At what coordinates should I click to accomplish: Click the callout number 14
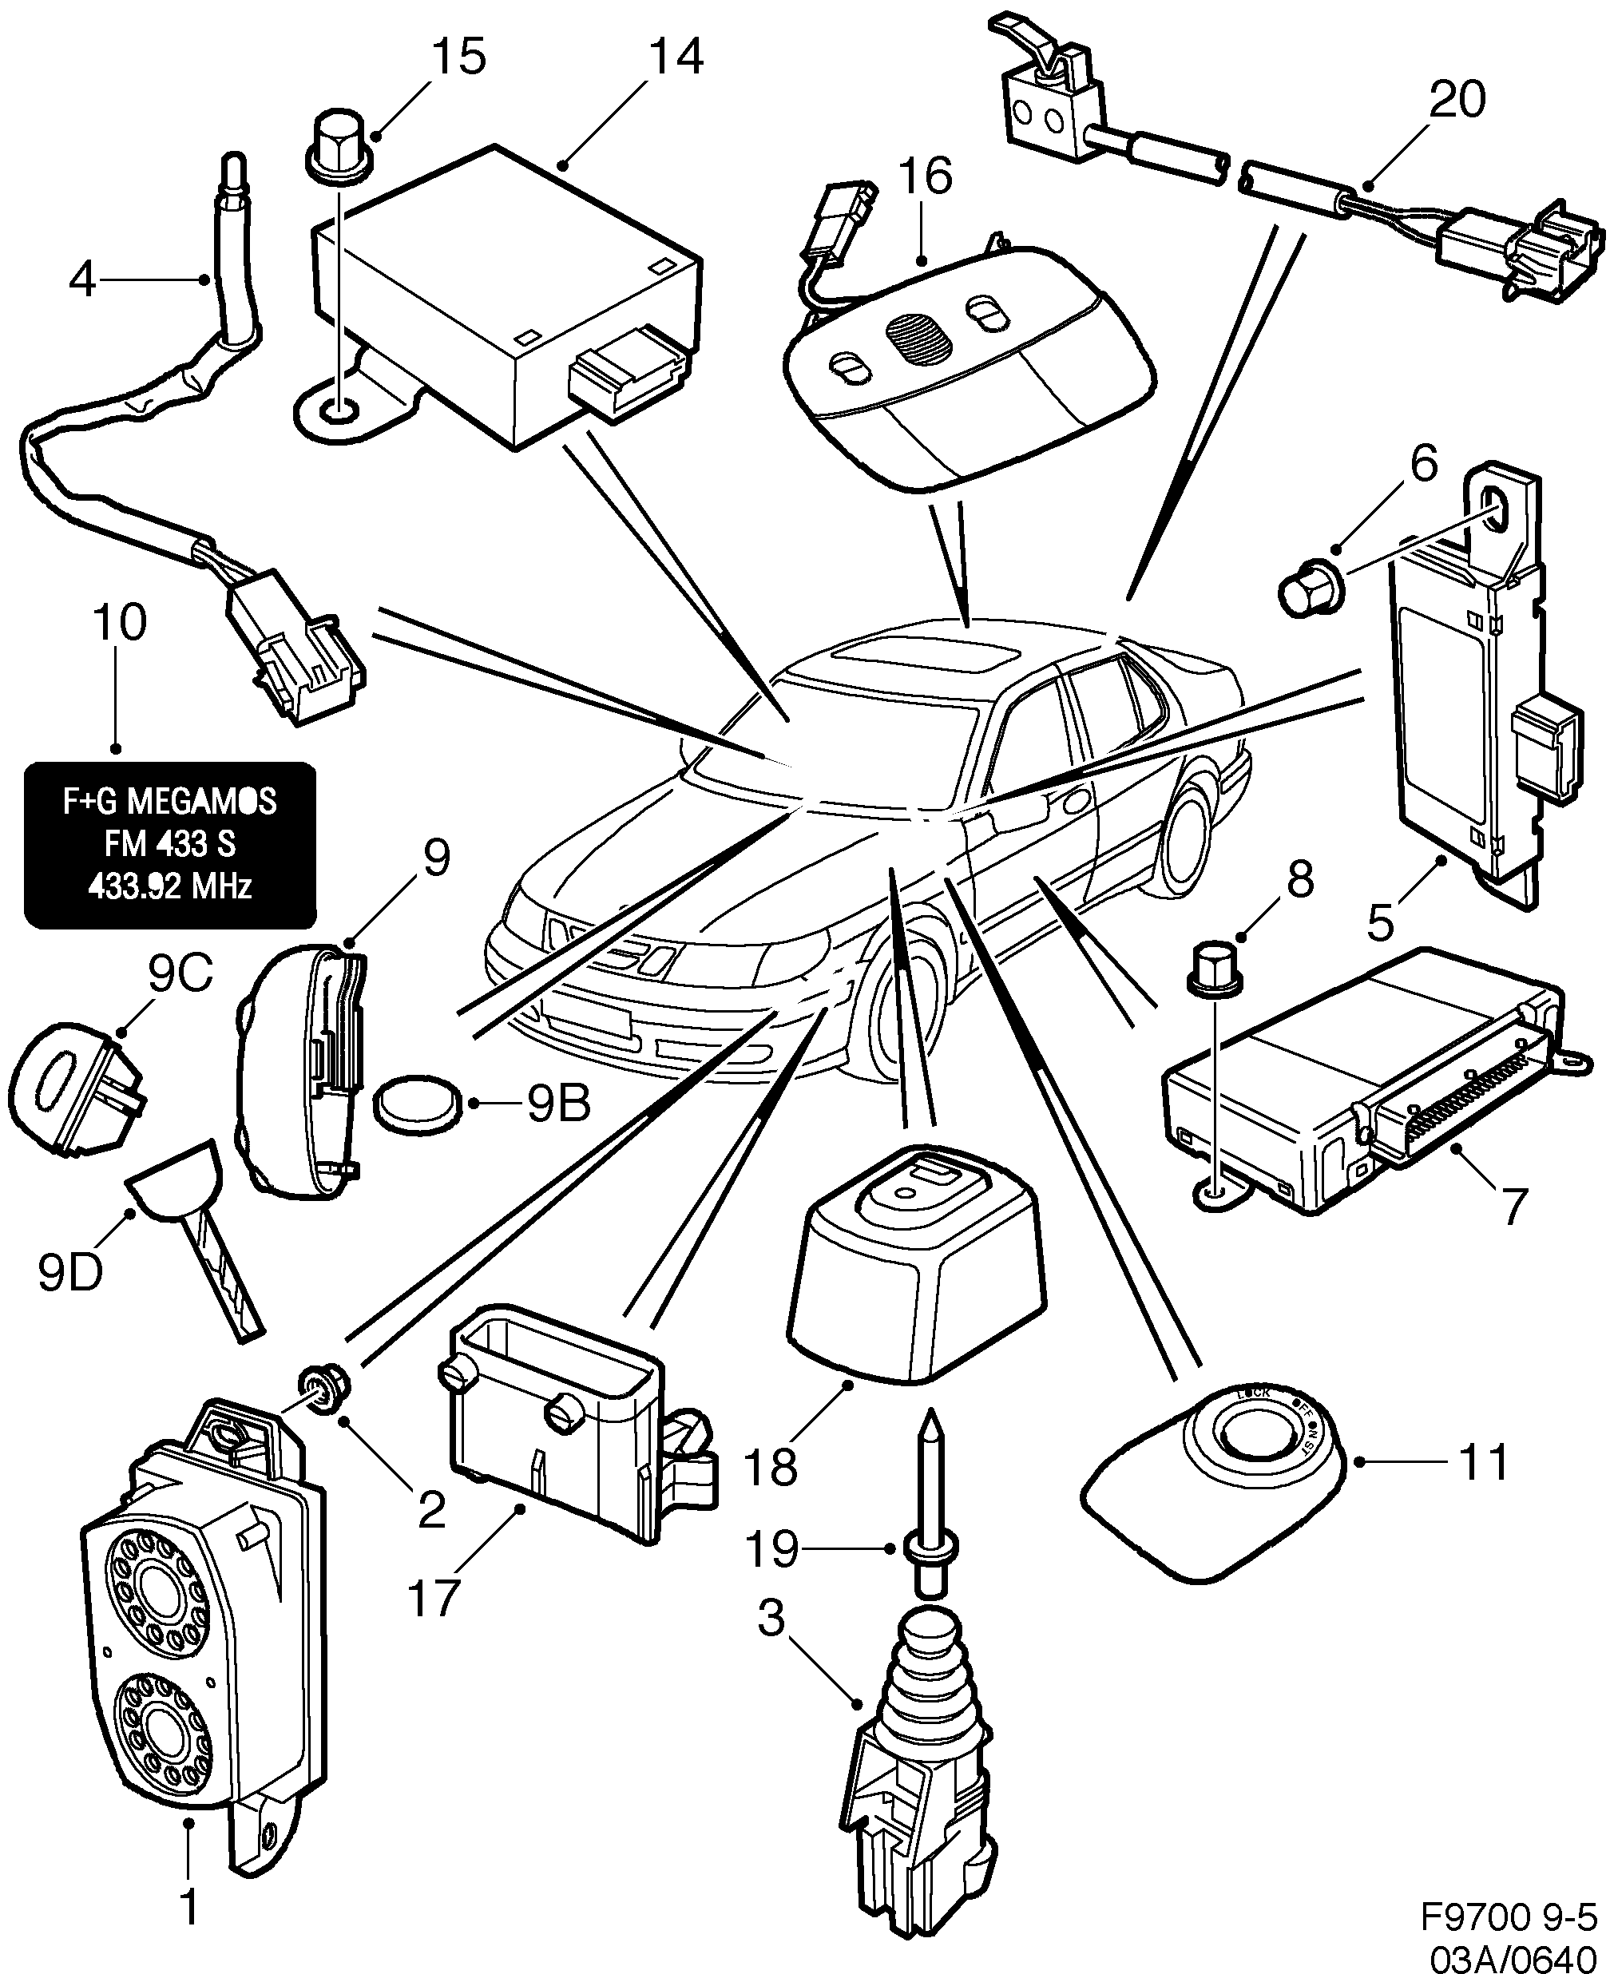(x=675, y=57)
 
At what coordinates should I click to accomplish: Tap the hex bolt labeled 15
(x=339, y=149)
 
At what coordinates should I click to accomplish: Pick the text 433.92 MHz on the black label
(x=170, y=887)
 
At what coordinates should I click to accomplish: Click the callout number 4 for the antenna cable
(x=82, y=277)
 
